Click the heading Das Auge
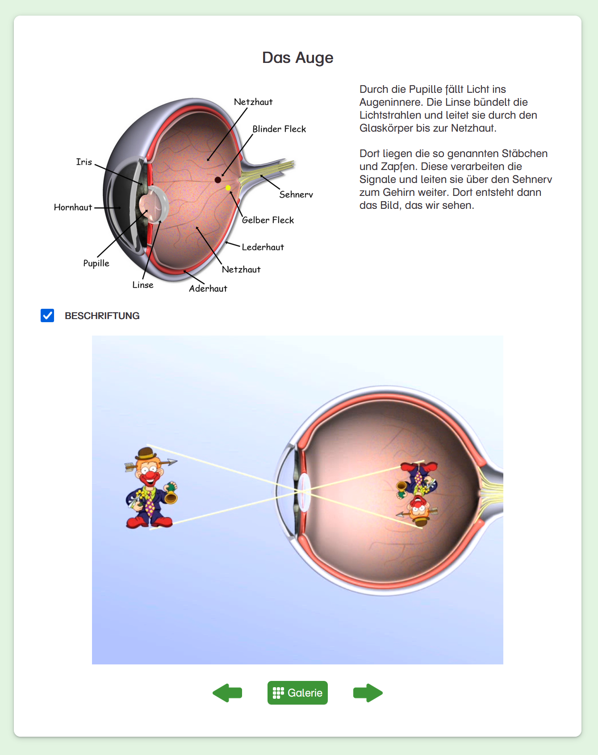tap(297, 58)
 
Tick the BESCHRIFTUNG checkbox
tap(47, 315)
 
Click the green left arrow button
tap(227, 693)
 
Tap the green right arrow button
tap(368, 693)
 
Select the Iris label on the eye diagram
tap(84, 162)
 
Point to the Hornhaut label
tap(73, 207)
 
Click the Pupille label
tap(96, 263)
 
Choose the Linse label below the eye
tap(143, 285)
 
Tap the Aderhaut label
tap(208, 289)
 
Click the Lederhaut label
tap(263, 247)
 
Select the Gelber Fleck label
tap(268, 220)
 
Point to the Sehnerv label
tap(296, 195)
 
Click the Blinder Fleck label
tap(279, 129)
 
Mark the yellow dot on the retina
tap(228, 188)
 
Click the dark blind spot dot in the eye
tap(218, 180)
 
